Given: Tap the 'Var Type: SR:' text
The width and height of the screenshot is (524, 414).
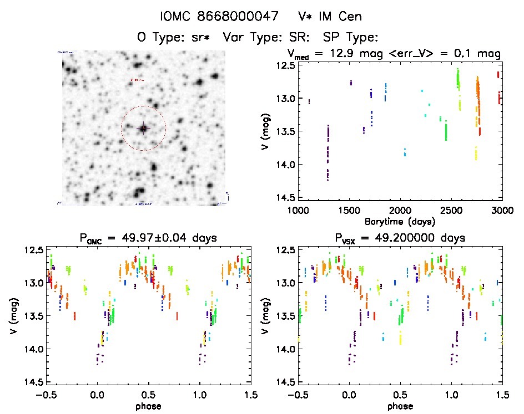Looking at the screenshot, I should click(x=260, y=38).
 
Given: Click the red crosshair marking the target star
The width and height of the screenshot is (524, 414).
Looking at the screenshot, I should click(x=143, y=128).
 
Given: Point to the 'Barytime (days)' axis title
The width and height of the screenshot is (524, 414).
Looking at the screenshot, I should click(x=400, y=221).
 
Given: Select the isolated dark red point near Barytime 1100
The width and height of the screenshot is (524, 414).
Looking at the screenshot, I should click(x=309, y=101).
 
